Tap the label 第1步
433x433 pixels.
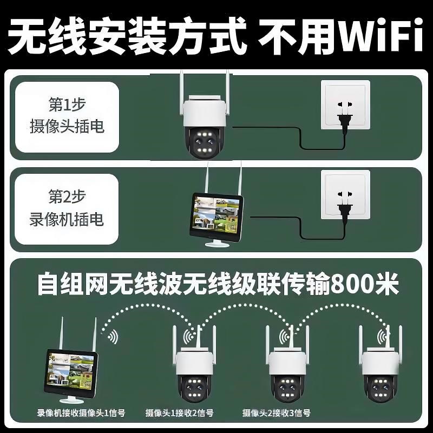[x=67, y=104]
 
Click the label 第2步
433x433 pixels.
[x=67, y=196]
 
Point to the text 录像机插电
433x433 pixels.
[x=67, y=219]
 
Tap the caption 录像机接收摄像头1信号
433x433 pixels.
[x=81, y=414]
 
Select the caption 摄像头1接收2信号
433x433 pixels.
[x=179, y=414]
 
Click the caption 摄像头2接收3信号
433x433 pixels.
[x=277, y=414]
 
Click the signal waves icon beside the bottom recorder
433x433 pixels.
[x=111, y=338]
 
